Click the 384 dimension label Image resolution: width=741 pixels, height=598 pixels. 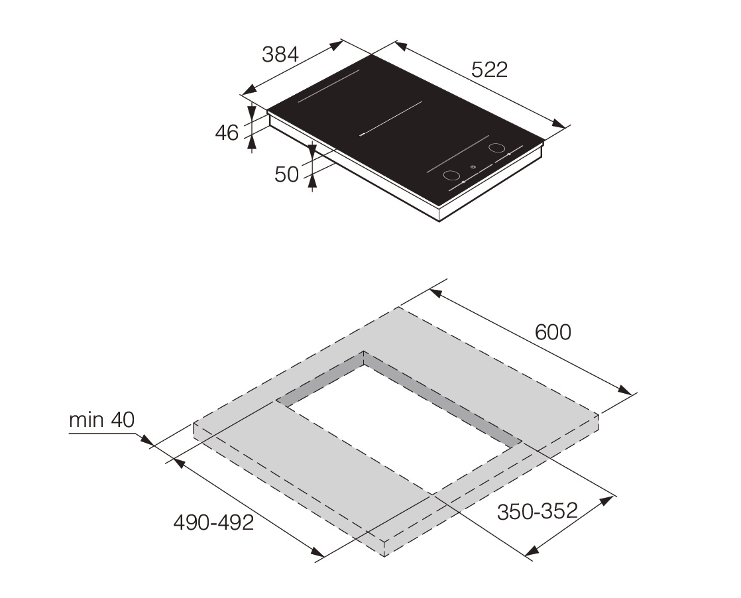pyautogui.click(x=280, y=54)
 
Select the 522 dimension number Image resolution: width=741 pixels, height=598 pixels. pyautogui.click(x=490, y=70)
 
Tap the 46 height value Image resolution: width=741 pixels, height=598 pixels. pyautogui.click(x=227, y=133)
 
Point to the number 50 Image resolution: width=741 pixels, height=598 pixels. pyautogui.click(x=287, y=174)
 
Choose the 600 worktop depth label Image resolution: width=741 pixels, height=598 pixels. pyautogui.click(x=553, y=332)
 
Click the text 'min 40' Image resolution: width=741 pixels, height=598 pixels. pyautogui.click(x=101, y=420)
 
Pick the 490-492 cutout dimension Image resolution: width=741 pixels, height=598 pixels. pyautogui.click(x=213, y=522)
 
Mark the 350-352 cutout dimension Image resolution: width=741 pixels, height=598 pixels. pyautogui.click(x=538, y=511)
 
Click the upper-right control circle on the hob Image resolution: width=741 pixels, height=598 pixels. pyautogui.click(x=496, y=147)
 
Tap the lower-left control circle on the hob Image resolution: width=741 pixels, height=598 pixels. pyautogui.click(x=451, y=176)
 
